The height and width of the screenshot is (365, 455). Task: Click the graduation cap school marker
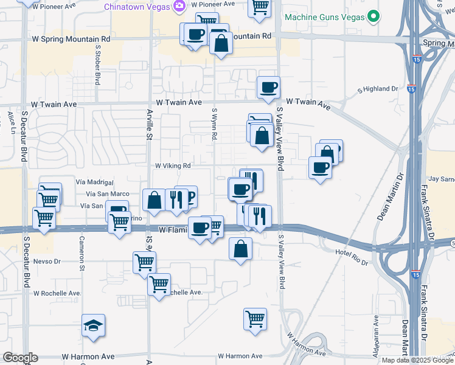pos(94,326)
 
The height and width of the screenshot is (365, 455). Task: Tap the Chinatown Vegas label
pos(137,6)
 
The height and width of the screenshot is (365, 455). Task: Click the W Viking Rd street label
pos(173,165)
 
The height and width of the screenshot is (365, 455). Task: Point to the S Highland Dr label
pos(377,89)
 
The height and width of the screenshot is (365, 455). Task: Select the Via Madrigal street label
pos(95,182)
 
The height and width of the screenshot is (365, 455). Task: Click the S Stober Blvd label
pos(97,64)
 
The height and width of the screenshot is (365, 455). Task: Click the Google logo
pos(20,358)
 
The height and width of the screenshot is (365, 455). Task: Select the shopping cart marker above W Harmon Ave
pos(255,318)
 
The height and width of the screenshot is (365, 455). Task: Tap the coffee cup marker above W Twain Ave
pos(268,87)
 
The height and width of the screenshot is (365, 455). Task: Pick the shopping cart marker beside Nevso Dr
pos(145,263)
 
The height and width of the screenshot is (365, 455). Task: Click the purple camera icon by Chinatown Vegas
pos(179,6)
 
